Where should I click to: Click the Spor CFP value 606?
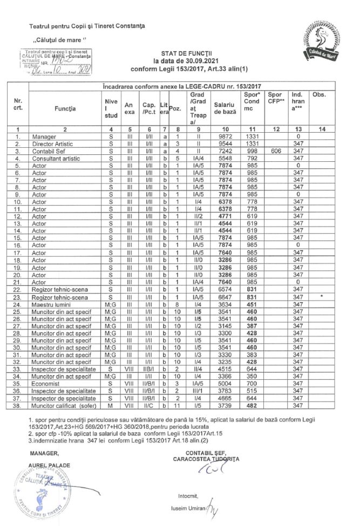[274, 152]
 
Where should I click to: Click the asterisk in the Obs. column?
[322, 296]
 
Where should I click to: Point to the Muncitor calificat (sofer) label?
[60, 405]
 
